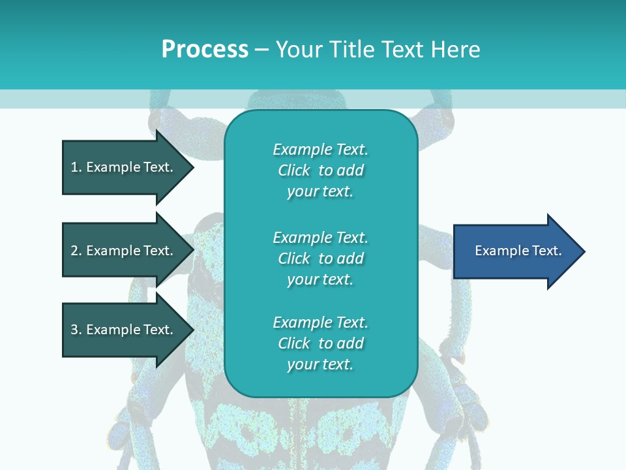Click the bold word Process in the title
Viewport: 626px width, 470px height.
coord(205,50)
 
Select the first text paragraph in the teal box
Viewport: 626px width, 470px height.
coord(320,170)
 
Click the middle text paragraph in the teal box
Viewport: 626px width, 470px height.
coord(320,258)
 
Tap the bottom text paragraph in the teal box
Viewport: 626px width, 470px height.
coord(320,343)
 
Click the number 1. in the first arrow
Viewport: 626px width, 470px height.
coord(76,167)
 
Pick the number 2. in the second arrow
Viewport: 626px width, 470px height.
coord(76,251)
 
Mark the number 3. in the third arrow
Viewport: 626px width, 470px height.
coord(76,330)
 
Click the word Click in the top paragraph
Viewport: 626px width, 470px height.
coord(293,170)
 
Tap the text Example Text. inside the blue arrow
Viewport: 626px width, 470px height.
coord(518,251)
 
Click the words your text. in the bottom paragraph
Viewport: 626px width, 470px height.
coord(320,364)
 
